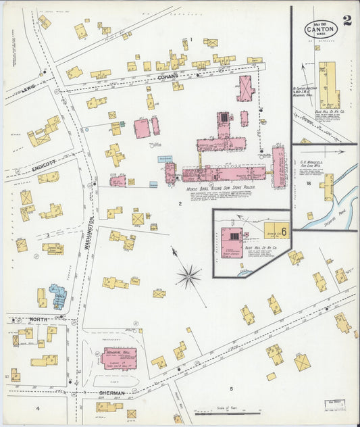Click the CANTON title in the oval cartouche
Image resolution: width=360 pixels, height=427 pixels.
[x=321, y=30]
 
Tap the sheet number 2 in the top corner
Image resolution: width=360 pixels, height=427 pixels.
[x=346, y=20]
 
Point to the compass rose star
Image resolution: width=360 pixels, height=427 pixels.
[x=188, y=276]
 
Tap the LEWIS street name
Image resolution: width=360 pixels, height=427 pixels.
[x=28, y=89]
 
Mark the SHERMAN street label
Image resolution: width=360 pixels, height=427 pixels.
[x=111, y=393]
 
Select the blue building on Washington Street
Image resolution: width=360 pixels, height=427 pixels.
[x=57, y=296]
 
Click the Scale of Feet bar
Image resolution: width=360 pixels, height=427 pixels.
[x=222, y=411]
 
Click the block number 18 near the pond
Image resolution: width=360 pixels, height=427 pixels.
[x=307, y=183]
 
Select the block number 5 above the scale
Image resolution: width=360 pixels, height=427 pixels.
[x=230, y=388]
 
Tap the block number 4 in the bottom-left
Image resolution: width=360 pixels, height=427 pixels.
[x=38, y=409]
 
